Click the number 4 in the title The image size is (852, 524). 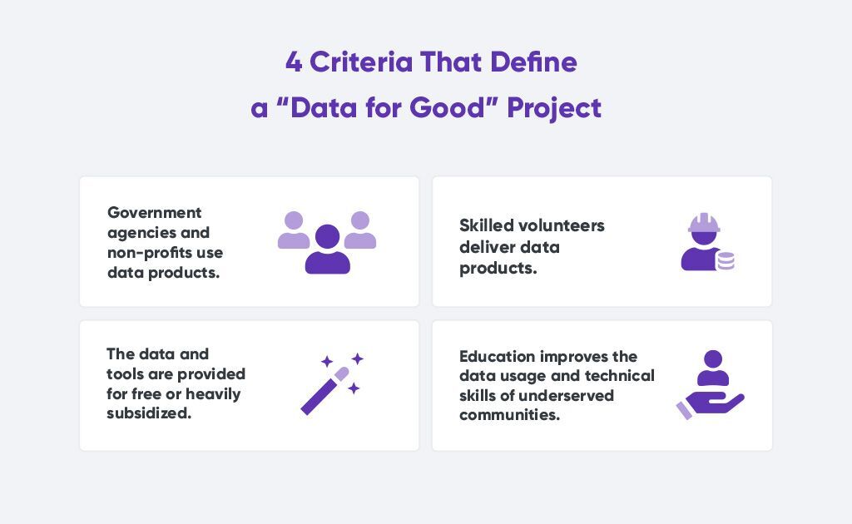tap(294, 62)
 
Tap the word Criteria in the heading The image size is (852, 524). tap(361, 62)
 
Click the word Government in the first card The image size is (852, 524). tap(154, 212)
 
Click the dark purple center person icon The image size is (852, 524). tap(327, 250)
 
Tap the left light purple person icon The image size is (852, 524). tap(294, 230)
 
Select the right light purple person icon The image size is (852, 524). tap(360, 230)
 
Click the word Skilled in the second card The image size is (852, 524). tap(486, 225)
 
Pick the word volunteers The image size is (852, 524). tap(562, 225)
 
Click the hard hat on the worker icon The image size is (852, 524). tap(704, 223)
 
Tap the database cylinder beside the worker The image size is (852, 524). tap(726, 261)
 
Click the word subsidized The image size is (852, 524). tap(149, 413)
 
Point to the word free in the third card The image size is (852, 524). tap(146, 393)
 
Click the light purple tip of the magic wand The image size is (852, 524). tap(342, 373)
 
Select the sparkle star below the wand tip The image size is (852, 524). tap(354, 388)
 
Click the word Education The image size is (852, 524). tap(498, 357)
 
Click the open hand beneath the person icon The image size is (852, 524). tap(711, 405)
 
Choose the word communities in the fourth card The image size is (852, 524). tap(510, 415)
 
